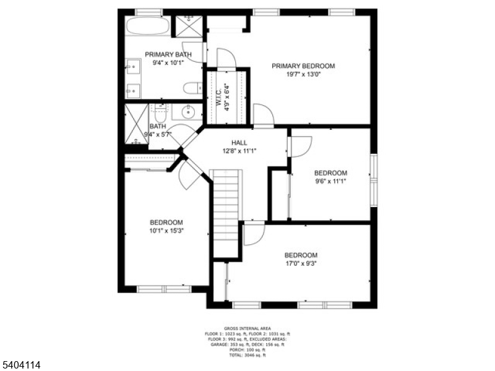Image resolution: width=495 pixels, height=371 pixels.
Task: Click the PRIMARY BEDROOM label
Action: pyautogui.click(x=303, y=66)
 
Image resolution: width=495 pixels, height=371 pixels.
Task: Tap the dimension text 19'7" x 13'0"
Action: pyautogui.click(x=303, y=74)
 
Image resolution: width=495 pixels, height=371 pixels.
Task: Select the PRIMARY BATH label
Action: pyautogui.click(x=168, y=54)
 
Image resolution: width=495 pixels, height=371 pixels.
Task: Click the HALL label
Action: pyautogui.click(x=239, y=143)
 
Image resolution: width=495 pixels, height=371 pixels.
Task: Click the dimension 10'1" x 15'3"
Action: pyautogui.click(x=166, y=231)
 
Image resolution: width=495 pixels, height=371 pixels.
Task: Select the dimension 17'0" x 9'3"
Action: pyautogui.click(x=301, y=263)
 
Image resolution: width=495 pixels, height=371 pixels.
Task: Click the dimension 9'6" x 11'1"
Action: pyautogui.click(x=330, y=181)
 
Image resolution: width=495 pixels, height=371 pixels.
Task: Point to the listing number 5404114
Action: pyautogui.click(x=21, y=365)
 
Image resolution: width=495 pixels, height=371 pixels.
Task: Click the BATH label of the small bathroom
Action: pyautogui.click(x=157, y=127)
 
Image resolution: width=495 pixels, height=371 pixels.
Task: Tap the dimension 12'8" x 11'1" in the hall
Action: pyautogui.click(x=239, y=151)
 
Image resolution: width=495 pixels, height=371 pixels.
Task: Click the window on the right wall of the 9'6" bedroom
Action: pyautogui.click(x=373, y=181)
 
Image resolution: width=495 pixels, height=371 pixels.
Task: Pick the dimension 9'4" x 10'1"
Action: pyautogui.click(x=168, y=62)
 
